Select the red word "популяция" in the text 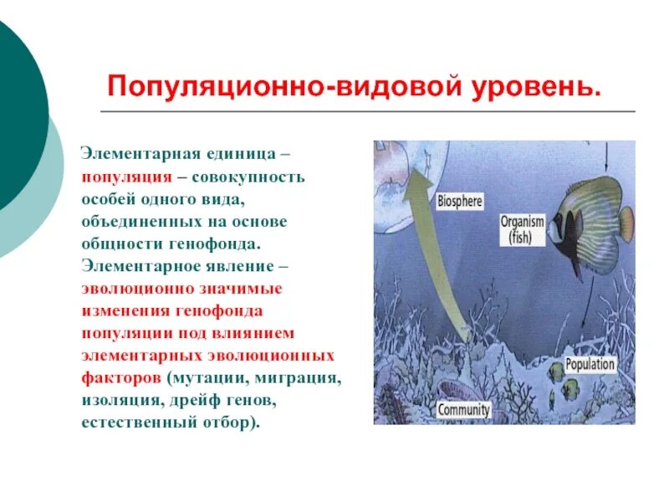pos(126,177)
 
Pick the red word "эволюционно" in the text pos(130,289)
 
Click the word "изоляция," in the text pos(117,400)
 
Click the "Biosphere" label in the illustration pos(459,201)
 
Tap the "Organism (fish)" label pos(522,228)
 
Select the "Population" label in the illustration pos(590,364)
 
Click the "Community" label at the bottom pos(463,411)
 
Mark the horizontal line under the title pos(367,111)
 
